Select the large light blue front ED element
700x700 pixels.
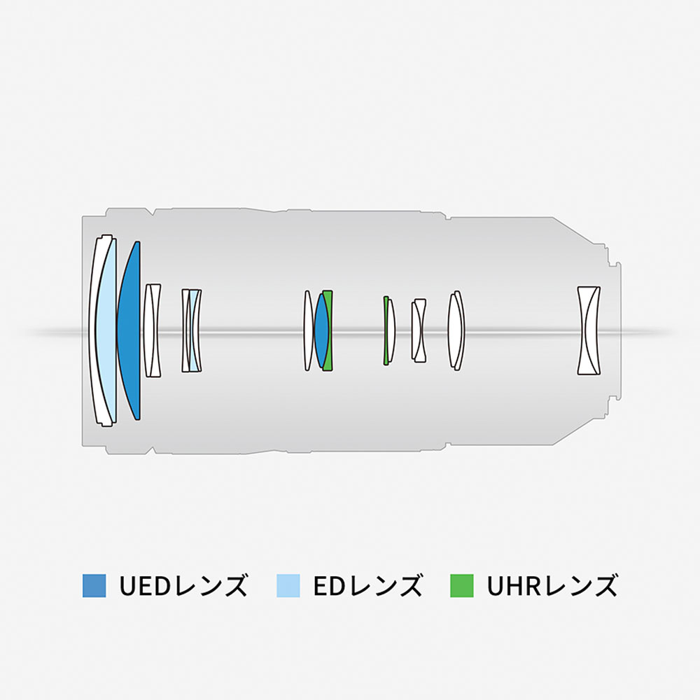click(106, 330)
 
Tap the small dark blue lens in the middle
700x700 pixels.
click(321, 330)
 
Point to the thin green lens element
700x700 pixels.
click(386, 330)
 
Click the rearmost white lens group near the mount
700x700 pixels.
click(589, 330)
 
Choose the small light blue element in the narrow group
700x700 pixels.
click(193, 330)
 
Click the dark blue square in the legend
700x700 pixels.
click(94, 585)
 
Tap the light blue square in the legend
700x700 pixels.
click(288, 585)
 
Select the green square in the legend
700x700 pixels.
click(461, 585)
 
